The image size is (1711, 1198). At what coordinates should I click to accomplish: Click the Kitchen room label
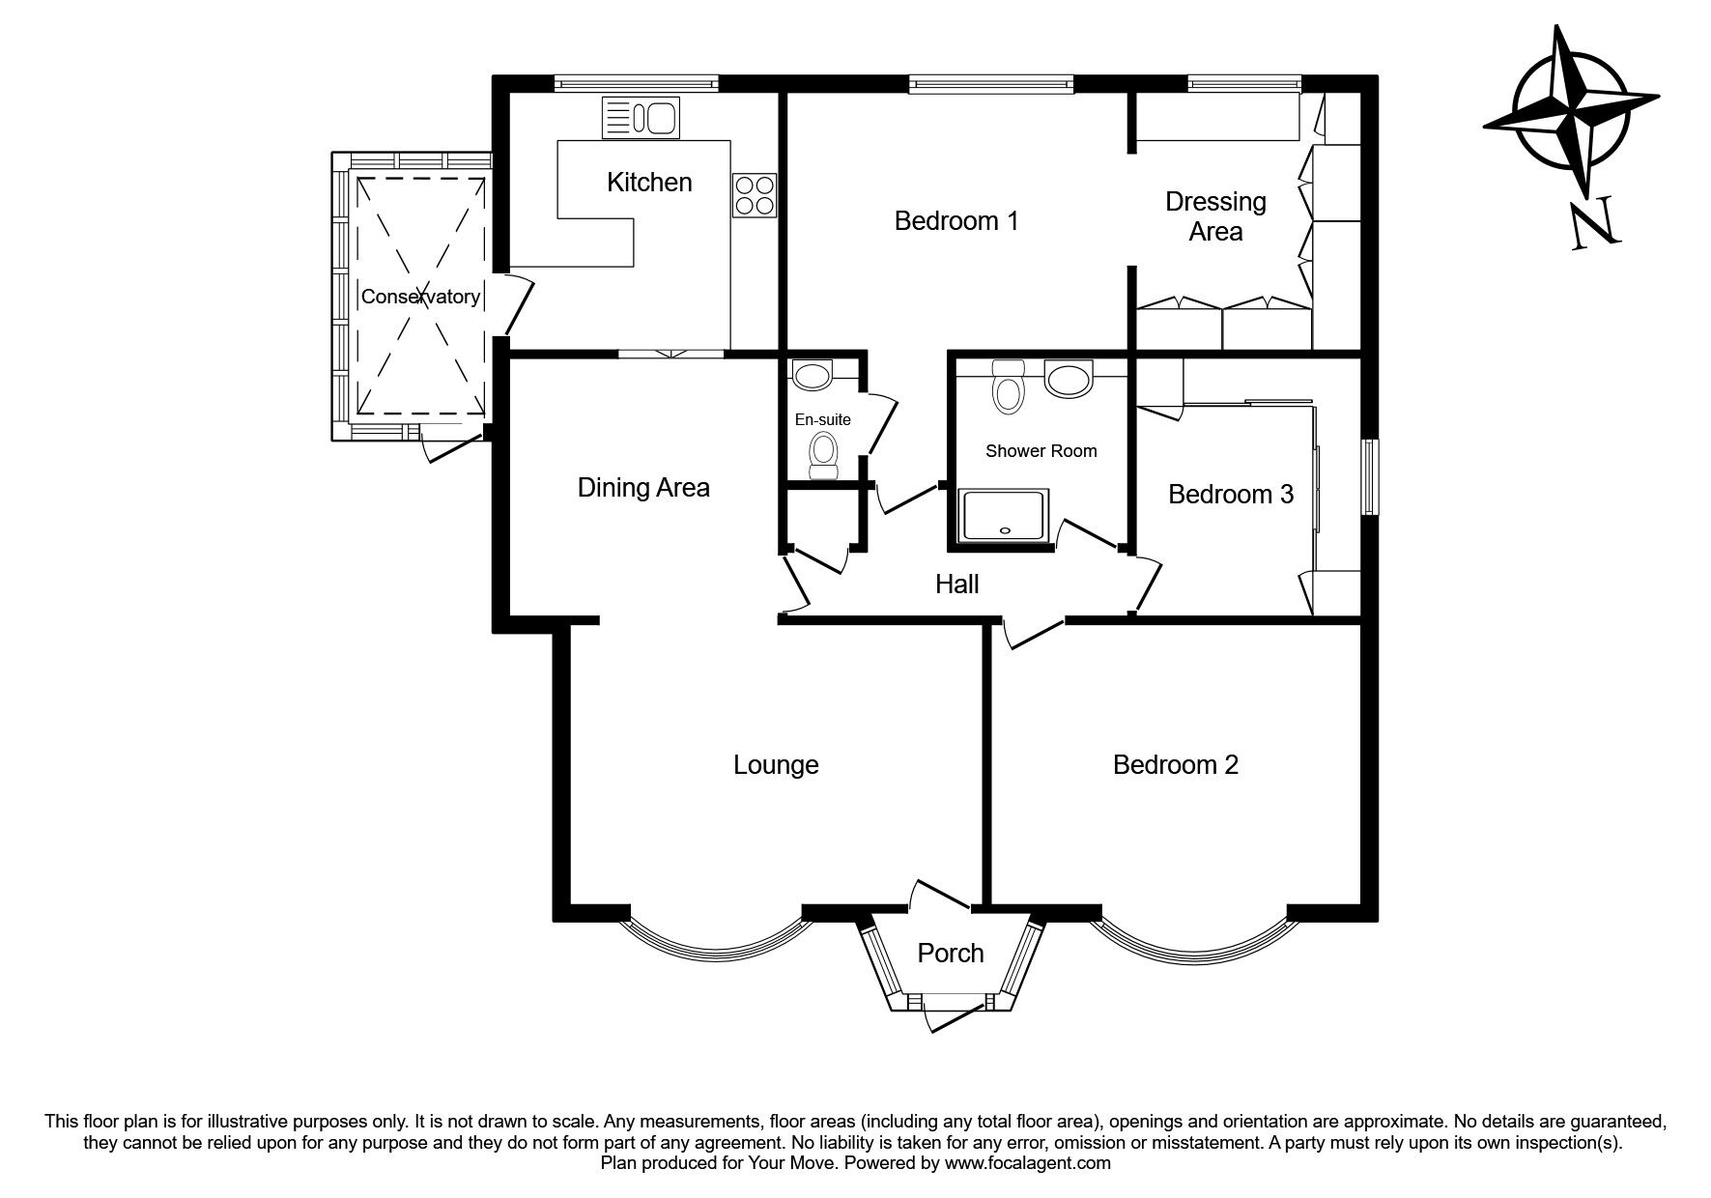click(x=649, y=182)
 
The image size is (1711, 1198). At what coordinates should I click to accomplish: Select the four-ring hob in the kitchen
click(x=755, y=195)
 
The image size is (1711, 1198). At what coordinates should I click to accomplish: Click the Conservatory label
click(x=420, y=297)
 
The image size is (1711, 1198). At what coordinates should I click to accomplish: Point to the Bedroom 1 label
click(x=956, y=221)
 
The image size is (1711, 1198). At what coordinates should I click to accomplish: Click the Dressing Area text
click(x=1215, y=216)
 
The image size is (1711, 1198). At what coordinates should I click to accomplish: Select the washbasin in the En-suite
click(x=812, y=375)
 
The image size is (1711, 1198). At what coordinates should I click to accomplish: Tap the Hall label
click(x=957, y=584)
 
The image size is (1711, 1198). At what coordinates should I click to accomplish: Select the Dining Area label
click(x=643, y=487)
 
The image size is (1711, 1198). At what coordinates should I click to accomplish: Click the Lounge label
click(x=776, y=765)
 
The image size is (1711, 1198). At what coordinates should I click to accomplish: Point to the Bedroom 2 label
click(x=1176, y=765)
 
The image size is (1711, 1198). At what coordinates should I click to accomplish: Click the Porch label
click(x=951, y=954)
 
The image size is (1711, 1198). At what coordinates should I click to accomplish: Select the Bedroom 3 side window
click(x=1370, y=477)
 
